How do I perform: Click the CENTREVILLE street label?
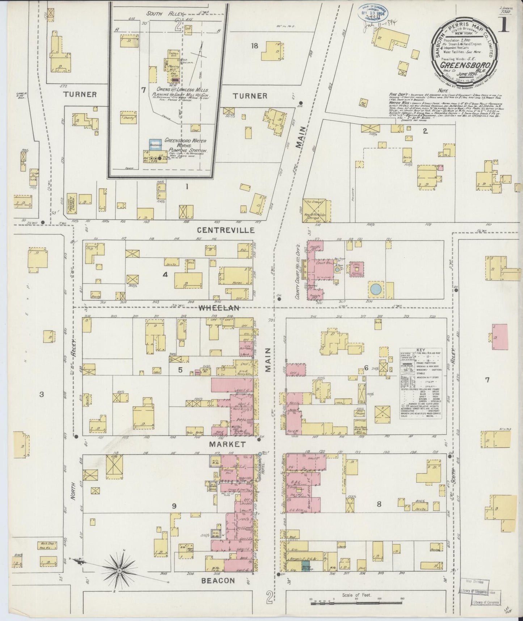click(226, 230)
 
